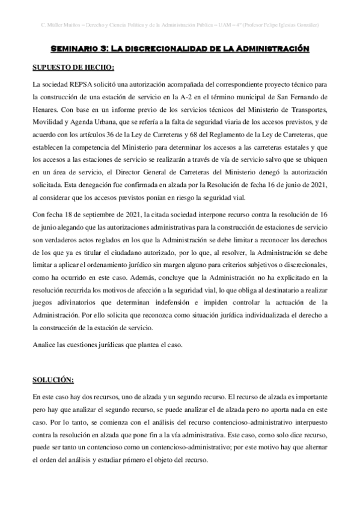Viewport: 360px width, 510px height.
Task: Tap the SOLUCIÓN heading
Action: coord(53,380)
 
